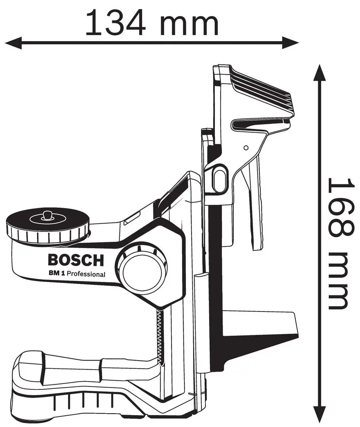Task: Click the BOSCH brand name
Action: point(76,260)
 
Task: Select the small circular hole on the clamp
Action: point(246,148)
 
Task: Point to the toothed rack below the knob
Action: point(159,336)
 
